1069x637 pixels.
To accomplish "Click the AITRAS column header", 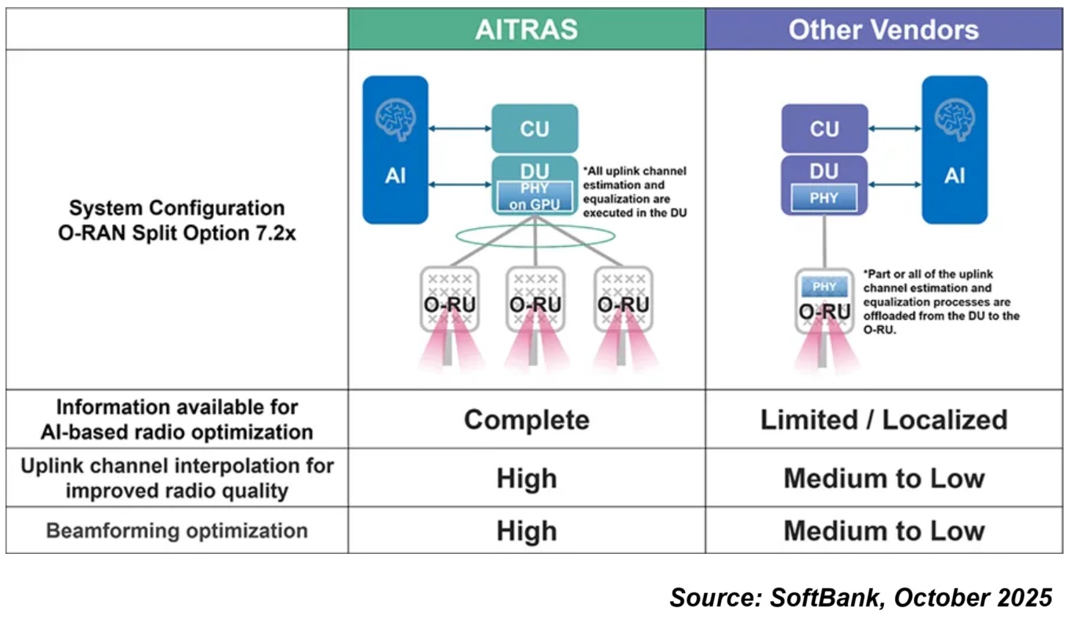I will click(526, 30).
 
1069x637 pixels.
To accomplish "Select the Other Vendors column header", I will click(883, 30).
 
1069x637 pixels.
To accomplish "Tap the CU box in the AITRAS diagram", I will click(534, 128).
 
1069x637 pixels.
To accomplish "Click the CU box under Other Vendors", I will click(824, 128).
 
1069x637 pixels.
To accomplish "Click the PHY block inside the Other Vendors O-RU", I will click(824, 287).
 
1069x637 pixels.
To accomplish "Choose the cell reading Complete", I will click(526, 419).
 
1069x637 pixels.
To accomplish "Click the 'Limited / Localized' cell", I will click(883, 419).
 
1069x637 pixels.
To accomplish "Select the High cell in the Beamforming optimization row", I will click(526, 530).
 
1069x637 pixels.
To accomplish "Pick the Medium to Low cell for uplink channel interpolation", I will click(883, 478).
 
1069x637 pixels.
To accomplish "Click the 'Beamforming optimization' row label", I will click(176, 530).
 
